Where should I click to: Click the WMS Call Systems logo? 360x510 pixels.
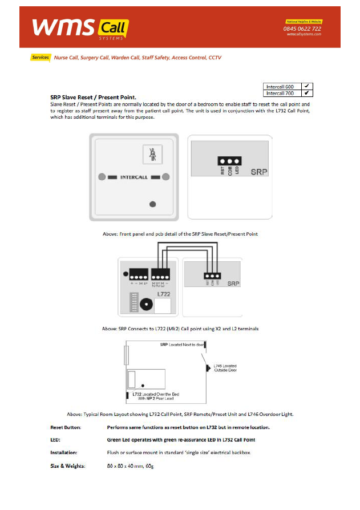(x=80, y=27)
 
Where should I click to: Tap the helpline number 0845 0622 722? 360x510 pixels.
(x=302, y=29)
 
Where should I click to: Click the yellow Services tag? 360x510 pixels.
(x=41, y=58)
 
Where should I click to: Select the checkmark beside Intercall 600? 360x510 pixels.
(x=306, y=86)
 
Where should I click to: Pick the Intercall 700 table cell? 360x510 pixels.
(x=281, y=92)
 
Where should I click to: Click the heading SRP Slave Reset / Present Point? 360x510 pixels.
(x=93, y=98)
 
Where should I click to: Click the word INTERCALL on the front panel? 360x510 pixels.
(x=134, y=177)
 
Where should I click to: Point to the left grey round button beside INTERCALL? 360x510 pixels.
(x=102, y=177)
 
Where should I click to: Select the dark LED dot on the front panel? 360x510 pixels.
(x=152, y=204)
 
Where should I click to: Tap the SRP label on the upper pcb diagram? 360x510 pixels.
(x=259, y=171)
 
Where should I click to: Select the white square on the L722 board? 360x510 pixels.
(x=163, y=306)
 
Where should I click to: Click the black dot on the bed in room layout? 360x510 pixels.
(x=143, y=384)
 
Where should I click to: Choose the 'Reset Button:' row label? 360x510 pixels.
(x=66, y=427)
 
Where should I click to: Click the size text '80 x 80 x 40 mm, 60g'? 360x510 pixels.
(x=130, y=467)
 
